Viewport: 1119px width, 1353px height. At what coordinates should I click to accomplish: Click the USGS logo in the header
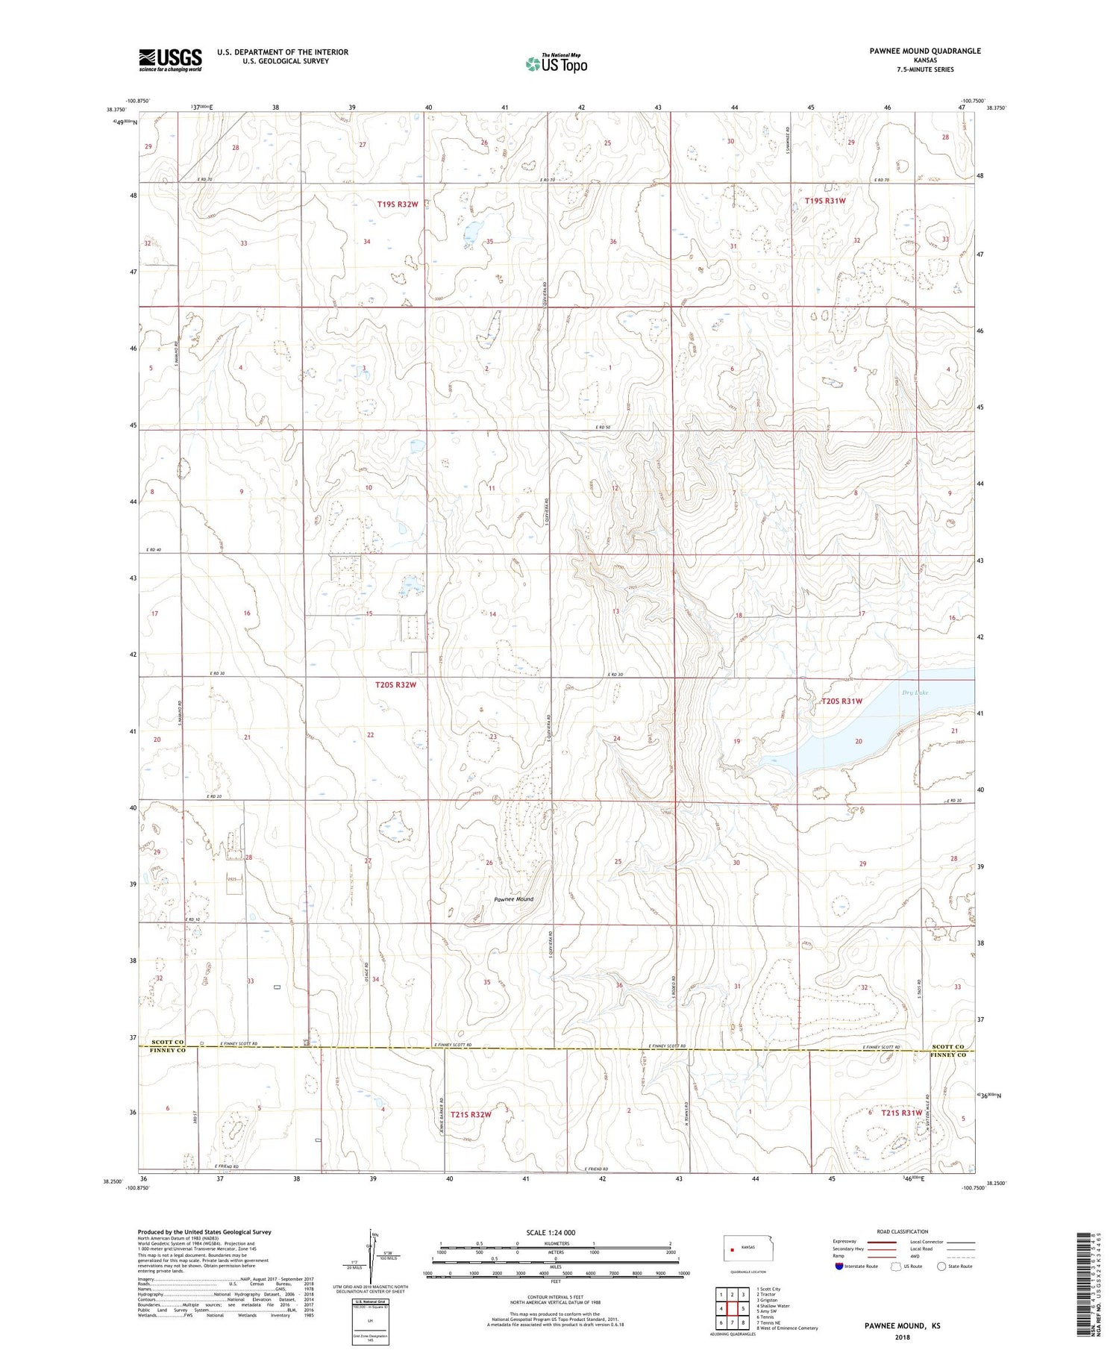[x=170, y=60]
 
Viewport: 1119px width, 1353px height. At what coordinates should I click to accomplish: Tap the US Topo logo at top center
[x=556, y=64]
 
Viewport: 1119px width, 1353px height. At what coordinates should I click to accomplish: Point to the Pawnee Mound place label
[x=513, y=899]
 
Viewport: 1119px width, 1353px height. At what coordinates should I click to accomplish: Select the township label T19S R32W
[x=398, y=204]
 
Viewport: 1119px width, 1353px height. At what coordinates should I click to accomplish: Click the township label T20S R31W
[x=841, y=701]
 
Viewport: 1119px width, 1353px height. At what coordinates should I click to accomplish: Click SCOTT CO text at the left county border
[x=167, y=1042]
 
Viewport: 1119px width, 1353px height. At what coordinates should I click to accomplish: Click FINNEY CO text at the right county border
[x=948, y=1054]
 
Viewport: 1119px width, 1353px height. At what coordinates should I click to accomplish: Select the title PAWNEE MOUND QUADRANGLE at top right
[x=914, y=51]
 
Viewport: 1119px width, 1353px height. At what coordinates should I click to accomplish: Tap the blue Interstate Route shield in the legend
[x=839, y=1266]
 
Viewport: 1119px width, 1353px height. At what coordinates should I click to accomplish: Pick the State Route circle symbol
[x=942, y=1266]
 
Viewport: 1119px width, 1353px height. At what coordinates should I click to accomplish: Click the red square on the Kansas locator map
[x=733, y=1249]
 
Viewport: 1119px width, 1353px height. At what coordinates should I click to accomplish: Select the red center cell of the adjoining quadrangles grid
[x=733, y=1308]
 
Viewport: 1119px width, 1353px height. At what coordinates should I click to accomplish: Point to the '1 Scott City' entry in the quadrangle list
[x=768, y=1289]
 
